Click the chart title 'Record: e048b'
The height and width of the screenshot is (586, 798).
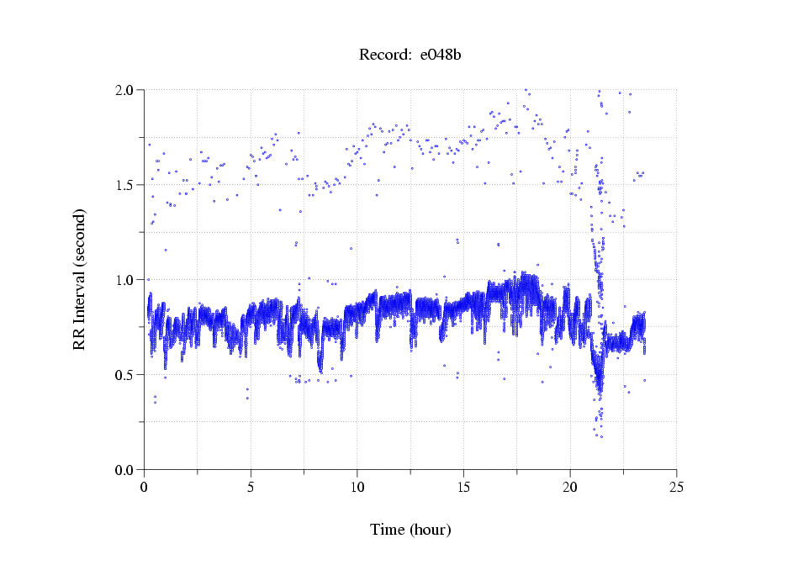(410, 55)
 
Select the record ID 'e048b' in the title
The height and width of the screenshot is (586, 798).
(440, 55)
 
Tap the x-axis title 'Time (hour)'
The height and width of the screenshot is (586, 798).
(410, 530)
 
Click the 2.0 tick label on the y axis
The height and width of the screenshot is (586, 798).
(128, 90)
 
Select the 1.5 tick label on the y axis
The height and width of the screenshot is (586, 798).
(128, 185)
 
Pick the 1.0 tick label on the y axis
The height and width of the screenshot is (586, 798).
(128, 280)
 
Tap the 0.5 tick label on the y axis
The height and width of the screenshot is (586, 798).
(128, 375)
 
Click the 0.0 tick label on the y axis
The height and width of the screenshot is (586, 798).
(128, 470)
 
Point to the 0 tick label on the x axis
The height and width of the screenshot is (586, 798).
(145, 487)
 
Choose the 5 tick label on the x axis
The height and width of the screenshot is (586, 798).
(251, 487)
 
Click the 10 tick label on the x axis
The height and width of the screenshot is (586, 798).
(357, 487)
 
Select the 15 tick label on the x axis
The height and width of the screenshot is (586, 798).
(463, 487)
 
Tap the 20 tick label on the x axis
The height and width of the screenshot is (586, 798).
(570, 487)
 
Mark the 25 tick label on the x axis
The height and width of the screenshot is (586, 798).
(676, 487)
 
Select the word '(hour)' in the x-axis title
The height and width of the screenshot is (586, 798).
(431, 530)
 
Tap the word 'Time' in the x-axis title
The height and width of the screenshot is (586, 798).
(388, 530)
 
